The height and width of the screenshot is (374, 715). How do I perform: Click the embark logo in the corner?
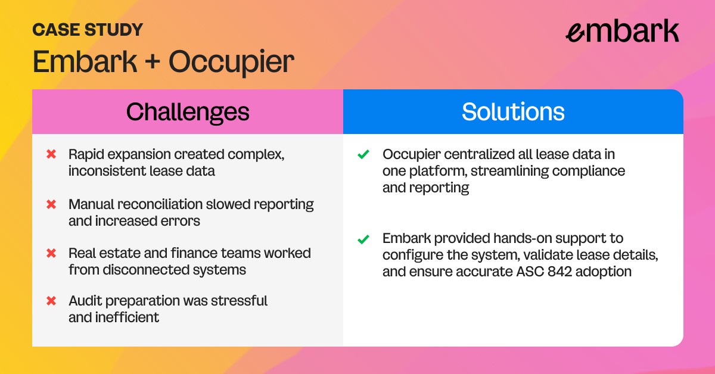[623, 30]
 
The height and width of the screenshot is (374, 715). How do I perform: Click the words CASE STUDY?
[88, 30]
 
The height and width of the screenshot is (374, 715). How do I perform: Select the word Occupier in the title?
[231, 62]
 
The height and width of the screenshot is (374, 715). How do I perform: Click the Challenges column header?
[188, 112]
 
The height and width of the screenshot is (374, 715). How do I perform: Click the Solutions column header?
[513, 112]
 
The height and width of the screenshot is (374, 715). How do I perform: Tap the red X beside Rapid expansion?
[51, 154]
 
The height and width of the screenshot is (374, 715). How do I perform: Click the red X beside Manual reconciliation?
[51, 204]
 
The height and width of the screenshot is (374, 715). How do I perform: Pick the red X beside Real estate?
[51, 253]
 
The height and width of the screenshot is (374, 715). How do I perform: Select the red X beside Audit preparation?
[51, 301]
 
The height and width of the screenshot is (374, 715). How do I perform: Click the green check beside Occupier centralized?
[363, 154]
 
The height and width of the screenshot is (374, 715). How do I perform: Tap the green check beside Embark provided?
[363, 239]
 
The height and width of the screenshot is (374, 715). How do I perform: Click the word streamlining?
[509, 171]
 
